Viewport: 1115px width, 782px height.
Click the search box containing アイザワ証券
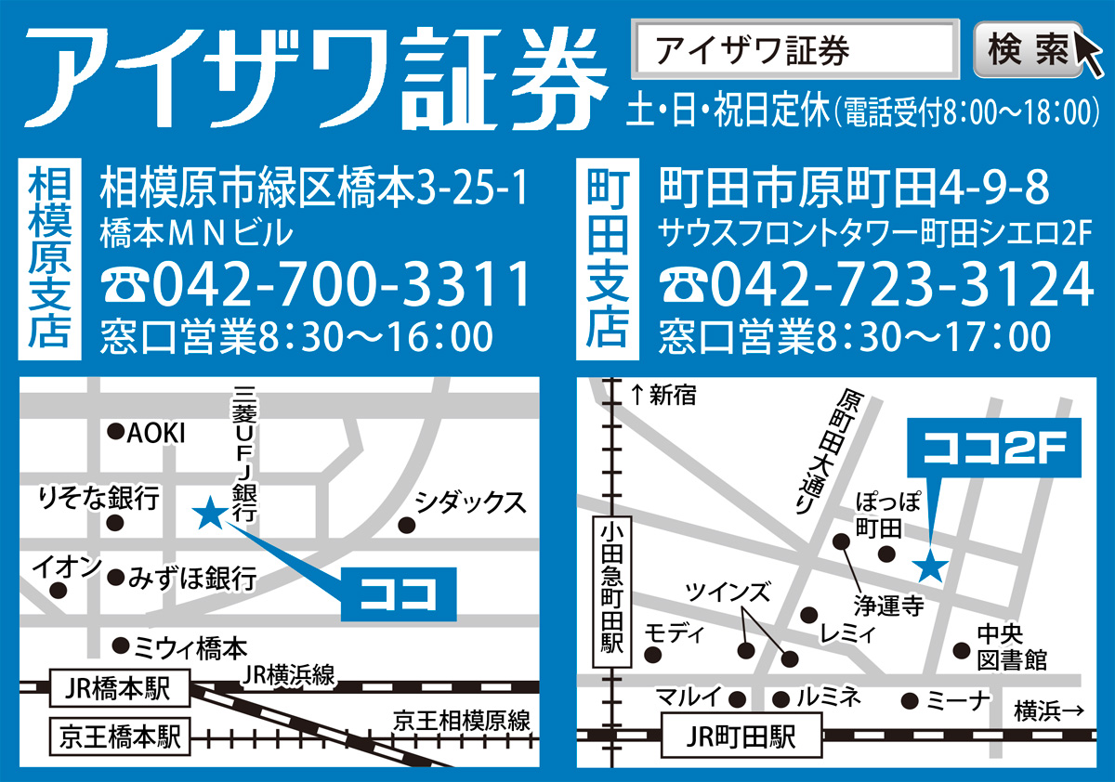click(795, 50)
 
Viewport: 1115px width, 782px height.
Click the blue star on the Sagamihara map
click(208, 512)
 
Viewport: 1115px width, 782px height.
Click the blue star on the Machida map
click(930, 565)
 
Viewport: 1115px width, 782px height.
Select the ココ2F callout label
click(993, 450)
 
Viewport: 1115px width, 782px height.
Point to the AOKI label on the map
click(156, 433)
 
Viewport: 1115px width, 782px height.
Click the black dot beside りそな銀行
click(115, 524)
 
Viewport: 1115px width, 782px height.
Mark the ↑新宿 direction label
click(662, 396)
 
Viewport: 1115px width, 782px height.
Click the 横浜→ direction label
click(1049, 711)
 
